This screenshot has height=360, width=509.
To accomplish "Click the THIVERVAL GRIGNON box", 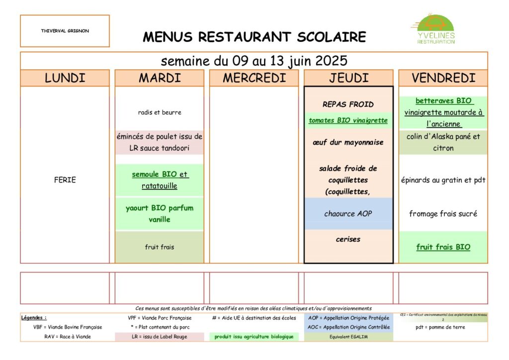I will click(x=65, y=31).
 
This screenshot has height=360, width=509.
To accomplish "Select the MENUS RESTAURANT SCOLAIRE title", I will click(x=254, y=37).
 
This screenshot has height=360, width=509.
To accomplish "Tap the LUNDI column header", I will click(x=65, y=78).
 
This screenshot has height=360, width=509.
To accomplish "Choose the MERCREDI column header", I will click(x=254, y=78).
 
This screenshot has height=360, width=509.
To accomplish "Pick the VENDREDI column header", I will click(x=443, y=78).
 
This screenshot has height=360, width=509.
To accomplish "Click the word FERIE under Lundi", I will click(x=65, y=180).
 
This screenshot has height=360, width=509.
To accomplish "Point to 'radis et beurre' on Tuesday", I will click(x=160, y=112).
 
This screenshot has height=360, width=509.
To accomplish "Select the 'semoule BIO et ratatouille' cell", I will click(x=160, y=180).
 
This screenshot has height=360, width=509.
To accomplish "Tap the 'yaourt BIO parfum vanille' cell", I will click(x=160, y=214).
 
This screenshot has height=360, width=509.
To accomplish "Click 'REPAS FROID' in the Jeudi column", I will click(x=348, y=104).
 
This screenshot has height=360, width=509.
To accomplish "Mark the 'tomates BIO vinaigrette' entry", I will click(x=348, y=120).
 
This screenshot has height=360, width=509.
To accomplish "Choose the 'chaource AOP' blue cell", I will click(x=348, y=214).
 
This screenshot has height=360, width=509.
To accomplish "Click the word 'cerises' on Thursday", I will click(x=348, y=239).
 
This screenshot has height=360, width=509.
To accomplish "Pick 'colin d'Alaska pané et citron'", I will click(x=443, y=142).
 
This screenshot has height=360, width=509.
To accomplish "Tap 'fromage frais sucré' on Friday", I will click(x=443, y=214).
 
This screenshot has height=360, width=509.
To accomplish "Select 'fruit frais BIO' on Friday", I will click(x=443, y=247).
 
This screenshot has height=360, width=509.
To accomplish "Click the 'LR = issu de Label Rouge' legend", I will click(x=160, y=337).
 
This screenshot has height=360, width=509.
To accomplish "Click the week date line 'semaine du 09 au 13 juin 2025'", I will click(x=254, y=61).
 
